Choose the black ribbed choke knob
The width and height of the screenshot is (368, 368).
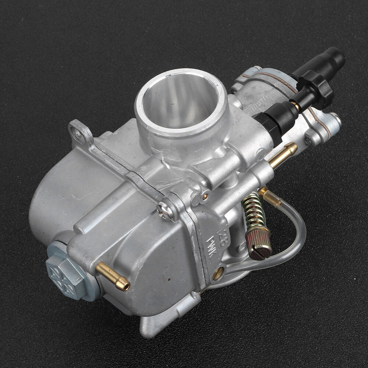(314, 90)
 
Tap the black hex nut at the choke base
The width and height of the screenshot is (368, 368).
(268, 125)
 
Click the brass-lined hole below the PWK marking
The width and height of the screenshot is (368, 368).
(218, 272)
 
